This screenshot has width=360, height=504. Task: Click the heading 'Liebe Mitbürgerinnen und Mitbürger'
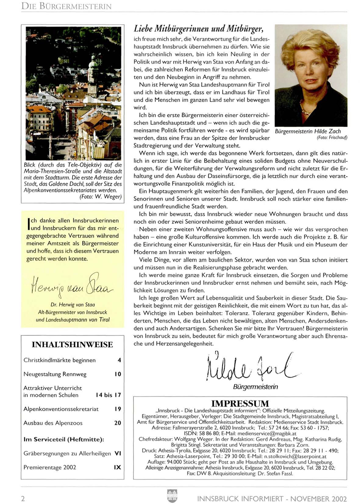click(198, 29)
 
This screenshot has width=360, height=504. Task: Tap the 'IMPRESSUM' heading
click(240, 403)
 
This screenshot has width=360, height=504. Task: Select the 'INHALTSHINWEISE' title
click(72, 344)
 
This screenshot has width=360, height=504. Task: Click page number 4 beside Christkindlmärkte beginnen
click(119, 360)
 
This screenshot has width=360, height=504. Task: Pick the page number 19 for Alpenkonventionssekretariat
click(118, 409)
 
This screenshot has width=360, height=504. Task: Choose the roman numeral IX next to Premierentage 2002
click(117, 467)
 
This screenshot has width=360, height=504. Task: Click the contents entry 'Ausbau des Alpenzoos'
click(53, 423)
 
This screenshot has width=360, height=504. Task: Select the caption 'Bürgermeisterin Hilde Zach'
click(308, 131)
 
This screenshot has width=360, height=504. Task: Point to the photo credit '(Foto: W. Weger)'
click(100, 197)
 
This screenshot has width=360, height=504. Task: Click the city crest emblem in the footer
click(172, 496)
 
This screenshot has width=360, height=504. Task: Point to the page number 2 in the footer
click(23, 499)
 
